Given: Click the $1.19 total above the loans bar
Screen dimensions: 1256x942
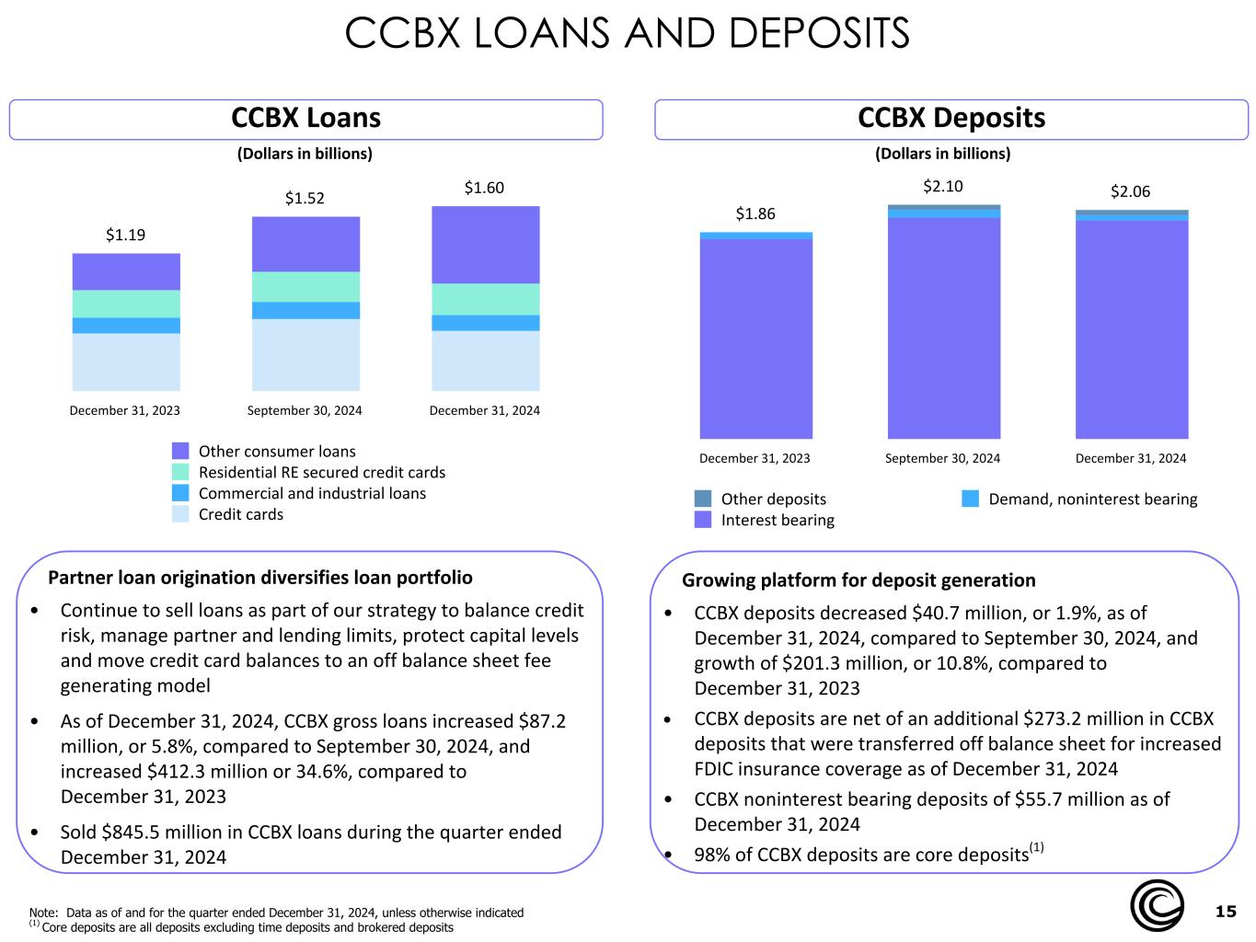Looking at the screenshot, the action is (x=125, y=235).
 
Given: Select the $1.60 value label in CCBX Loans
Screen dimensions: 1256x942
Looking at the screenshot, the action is (x=484, y=188).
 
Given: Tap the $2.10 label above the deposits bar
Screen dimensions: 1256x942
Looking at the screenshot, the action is (x=943, y=186).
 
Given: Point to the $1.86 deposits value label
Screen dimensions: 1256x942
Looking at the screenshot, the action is (x=755, y=213).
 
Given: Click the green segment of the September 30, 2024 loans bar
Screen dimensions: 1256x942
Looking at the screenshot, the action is (x=305, y=286).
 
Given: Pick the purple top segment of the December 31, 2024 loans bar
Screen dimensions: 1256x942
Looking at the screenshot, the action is (x=485, y=245).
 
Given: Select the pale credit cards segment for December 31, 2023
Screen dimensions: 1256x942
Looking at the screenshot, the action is (x=126, y=362).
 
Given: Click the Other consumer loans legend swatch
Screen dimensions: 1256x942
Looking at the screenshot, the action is (x=180, y=451).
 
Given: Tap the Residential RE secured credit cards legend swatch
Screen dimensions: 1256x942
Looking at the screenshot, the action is (x=180, y=472).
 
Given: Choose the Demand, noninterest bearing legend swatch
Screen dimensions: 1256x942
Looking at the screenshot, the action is (x=970, y=499).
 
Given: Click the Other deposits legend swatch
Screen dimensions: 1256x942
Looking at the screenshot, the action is (x=703, y=499).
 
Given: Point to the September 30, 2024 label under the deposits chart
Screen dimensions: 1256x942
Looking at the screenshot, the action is (x=942, y=458).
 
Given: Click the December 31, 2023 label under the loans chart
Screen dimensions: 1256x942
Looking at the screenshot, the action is (x=125, y=410).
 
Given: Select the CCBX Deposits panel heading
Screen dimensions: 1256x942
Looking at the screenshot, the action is (x=951, y=118).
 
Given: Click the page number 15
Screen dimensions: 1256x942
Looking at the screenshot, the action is (x=1226, y=911).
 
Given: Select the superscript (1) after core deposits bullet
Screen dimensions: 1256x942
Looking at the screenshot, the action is (x=1036, y=847).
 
